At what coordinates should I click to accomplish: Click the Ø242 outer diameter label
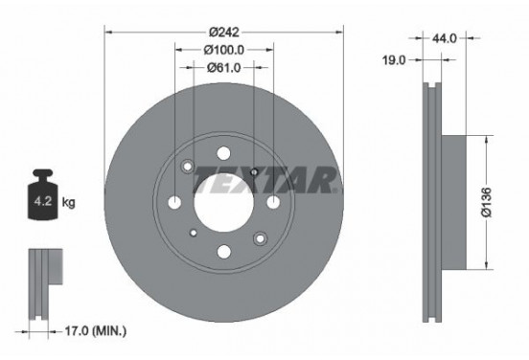(222, 32)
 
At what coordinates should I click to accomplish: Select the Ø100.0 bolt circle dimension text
(222, 49)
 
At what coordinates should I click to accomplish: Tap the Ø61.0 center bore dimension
(222, 67)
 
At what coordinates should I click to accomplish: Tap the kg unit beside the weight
(68, 204)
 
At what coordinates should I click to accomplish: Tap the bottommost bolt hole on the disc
(222, 252)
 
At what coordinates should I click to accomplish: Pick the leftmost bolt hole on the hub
(173, 202)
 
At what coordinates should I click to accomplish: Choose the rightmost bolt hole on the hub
(272, 202)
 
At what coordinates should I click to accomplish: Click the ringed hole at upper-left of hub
(188, 166)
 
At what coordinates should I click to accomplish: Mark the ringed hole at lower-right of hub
(257, 237)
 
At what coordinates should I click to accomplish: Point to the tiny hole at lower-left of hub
(193, 232)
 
